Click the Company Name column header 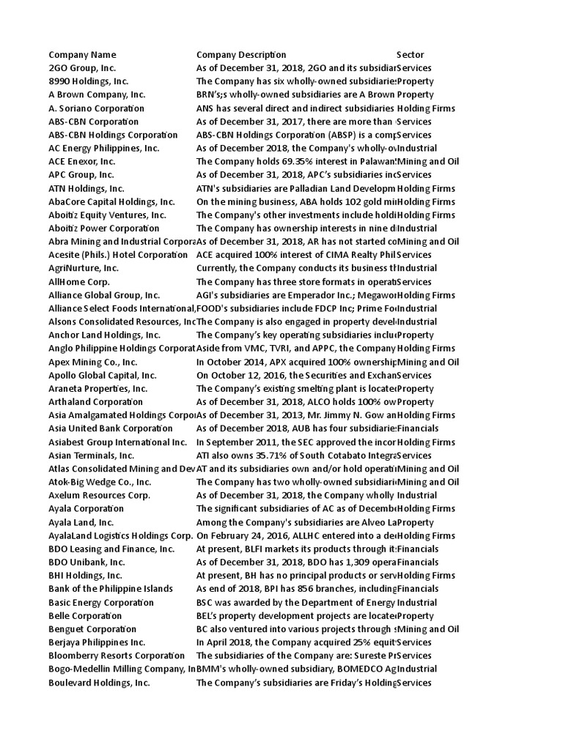(x=82, y=55)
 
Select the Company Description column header (x=241, y=55)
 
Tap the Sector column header (x=410, y=55)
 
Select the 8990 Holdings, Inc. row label (x=88, y=81)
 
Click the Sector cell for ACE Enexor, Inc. (x=428, y=162)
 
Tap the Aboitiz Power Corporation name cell (x=103, y=229)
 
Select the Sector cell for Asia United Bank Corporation (x=418, y=428)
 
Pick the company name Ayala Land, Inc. (x=81, y=522)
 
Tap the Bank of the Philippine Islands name (x=111, y=589)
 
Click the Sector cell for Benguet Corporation (x=428, y=629)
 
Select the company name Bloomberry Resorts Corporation (x=117, y=656)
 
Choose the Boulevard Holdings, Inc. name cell (x=99, y=683)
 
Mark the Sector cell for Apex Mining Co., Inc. (x=428, y=362)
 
